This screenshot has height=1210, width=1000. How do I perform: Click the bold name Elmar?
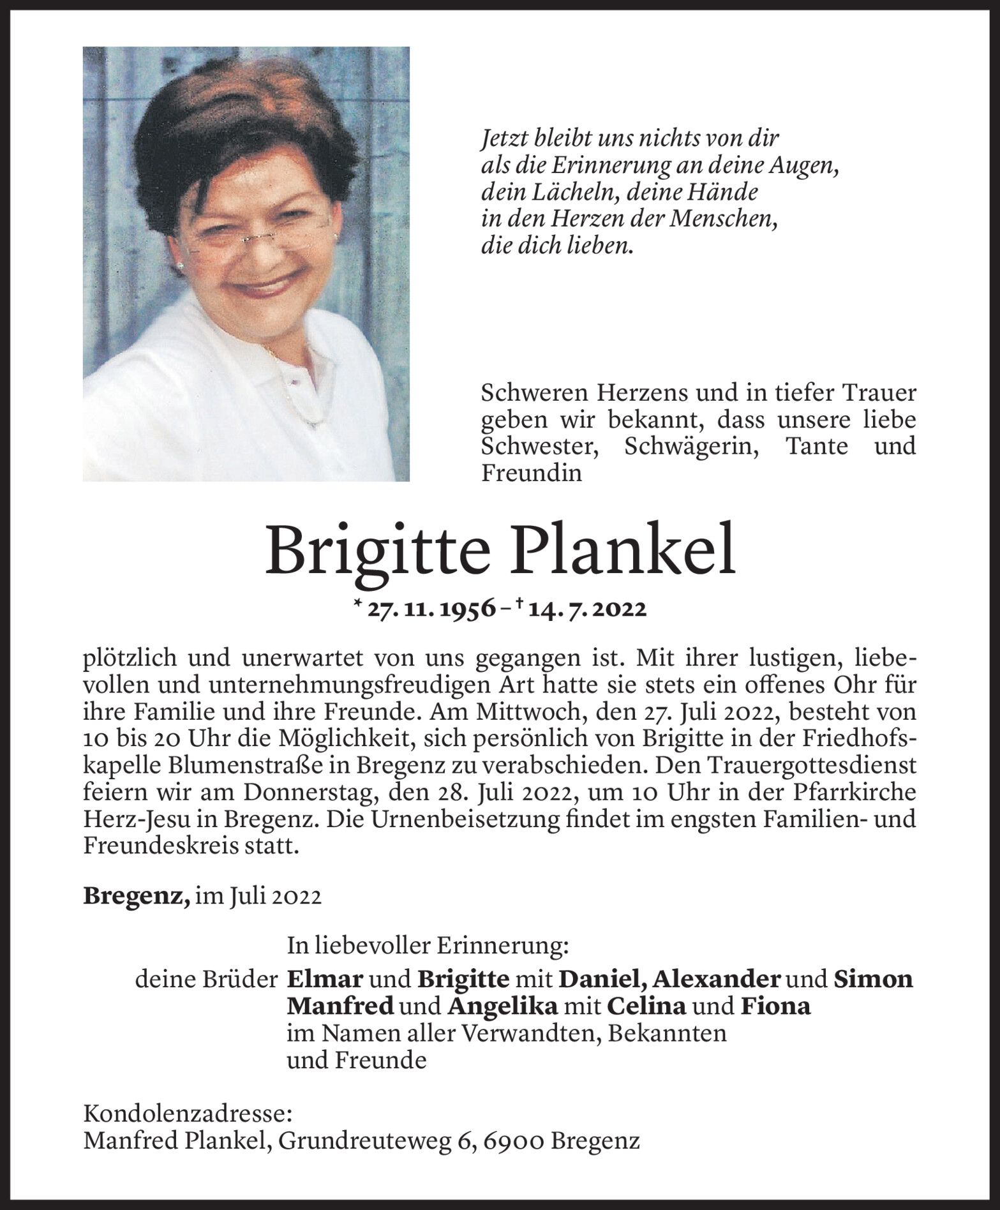pos(325,979)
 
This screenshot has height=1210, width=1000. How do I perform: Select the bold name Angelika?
pos(503,1006)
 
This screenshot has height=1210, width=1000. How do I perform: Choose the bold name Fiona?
pos(775,1006)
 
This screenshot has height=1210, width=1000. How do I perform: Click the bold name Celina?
pos(646,1006)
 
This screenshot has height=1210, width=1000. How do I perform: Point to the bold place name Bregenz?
pos(137,896)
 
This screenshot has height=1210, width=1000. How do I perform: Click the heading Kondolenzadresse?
pos(188,1114)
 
